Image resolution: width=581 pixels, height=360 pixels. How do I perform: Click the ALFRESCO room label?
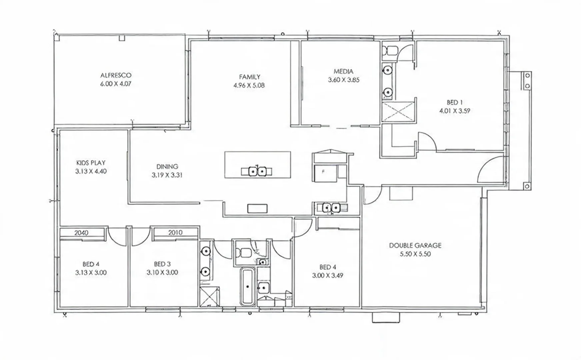116,75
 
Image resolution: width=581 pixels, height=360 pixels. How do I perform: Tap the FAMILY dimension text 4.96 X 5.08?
249,85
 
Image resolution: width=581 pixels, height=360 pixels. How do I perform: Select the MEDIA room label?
343,71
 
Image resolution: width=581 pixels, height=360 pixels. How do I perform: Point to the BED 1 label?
454,102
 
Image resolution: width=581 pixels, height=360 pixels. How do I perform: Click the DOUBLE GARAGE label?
415,245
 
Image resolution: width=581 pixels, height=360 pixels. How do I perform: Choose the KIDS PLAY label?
91,163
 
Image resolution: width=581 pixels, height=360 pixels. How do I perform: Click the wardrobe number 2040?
81,233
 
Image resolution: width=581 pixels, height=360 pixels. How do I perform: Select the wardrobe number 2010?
175,233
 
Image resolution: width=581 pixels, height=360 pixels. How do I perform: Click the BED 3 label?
162,264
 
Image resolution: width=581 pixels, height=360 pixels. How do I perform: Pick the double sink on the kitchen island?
257,171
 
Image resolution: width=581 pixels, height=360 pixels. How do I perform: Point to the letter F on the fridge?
323,172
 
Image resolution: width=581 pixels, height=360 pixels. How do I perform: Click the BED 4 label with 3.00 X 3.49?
327,267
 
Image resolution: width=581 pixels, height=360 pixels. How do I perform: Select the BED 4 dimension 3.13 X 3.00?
91,273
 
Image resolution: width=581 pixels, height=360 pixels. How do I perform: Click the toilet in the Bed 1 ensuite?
389,50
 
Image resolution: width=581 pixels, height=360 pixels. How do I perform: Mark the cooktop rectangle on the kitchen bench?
257,209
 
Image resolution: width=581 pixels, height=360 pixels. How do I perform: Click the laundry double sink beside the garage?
331,208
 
